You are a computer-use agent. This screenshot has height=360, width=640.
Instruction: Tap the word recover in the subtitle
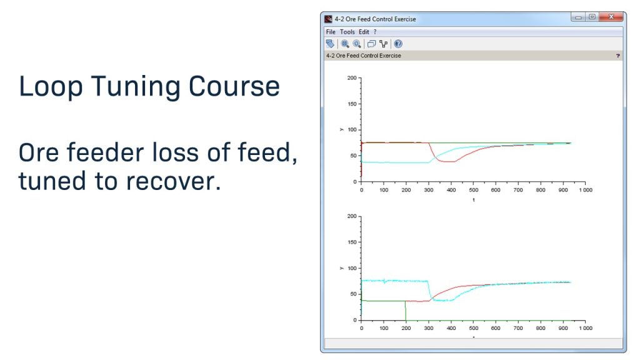pyautogui.click(x=173, y=181)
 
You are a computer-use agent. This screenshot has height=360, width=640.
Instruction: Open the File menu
pyautogui.click(x=331, y=32)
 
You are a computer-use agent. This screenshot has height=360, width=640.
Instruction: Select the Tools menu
pyautogui.click(x=347, y=32)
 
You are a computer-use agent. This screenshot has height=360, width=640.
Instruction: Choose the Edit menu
pyautogui.click(x=364, y=32)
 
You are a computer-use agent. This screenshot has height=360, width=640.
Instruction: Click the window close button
pyautogui.click(x=611, y=17)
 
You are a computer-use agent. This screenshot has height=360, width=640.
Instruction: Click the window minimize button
pyautogui.click(x=578, y=17)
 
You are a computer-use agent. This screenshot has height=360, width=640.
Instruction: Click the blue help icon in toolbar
pyautogui.click(x=398, y=44)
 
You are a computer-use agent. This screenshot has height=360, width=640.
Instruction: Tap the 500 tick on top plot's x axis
pyautogui.click(x=473, y=189)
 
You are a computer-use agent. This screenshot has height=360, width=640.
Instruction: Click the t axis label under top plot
pyautogui.click(x=473, y=200)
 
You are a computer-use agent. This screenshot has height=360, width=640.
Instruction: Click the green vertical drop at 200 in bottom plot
pyautogui.click(x=406, y=311)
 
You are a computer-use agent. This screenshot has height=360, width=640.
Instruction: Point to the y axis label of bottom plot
pyautogui.click(x=341, y=268)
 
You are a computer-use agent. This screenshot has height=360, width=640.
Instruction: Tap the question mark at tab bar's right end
pyautogui.click(x=617, y=56)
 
